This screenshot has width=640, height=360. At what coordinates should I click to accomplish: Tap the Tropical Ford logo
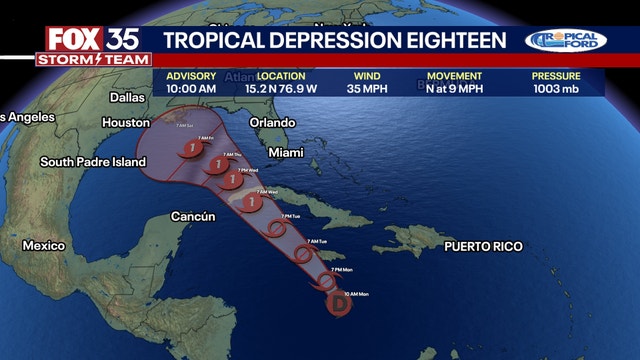pos(566,41)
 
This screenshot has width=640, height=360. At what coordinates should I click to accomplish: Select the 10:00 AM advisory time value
pos(190,89)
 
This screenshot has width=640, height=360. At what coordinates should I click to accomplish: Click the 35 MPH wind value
pos(367,89)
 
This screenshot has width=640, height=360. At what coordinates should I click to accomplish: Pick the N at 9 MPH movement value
pos(455,89)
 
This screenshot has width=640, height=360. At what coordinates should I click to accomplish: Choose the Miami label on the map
pos(286,153)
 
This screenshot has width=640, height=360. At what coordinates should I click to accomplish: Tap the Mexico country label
pos(44,245)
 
